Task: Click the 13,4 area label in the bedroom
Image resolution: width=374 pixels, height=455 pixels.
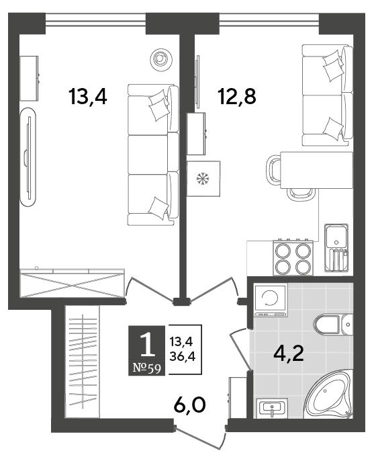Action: point(88,97)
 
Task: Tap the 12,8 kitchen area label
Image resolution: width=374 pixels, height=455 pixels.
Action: point(238,97)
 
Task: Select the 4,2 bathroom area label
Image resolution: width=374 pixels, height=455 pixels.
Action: point(289,354)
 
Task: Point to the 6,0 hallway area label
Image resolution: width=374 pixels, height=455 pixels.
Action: point(190,405)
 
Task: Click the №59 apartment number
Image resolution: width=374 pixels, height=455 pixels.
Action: point(146,368)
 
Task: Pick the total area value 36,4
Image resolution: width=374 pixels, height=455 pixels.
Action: point(183,356)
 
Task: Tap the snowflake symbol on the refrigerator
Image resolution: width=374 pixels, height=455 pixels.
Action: point(203,179)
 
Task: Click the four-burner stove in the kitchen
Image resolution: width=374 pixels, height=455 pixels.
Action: point(293,258)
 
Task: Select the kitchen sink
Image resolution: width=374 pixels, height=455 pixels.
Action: point(336,247)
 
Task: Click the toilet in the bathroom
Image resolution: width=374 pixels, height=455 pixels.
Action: point(334,324)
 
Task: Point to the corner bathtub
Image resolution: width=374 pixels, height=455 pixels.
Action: point(329,395)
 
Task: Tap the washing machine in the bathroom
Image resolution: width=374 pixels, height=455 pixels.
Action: point(270,299)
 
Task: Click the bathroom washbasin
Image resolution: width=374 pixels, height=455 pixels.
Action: point(272,408)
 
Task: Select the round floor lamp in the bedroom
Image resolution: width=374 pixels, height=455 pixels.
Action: point(160,59)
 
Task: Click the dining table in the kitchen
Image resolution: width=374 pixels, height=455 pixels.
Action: point(317,170)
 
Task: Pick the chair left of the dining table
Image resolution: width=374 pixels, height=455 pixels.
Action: point(273,170)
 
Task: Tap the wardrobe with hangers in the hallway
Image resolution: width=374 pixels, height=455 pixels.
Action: point(83,362)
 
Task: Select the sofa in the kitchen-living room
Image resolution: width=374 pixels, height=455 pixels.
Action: point(328,95)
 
